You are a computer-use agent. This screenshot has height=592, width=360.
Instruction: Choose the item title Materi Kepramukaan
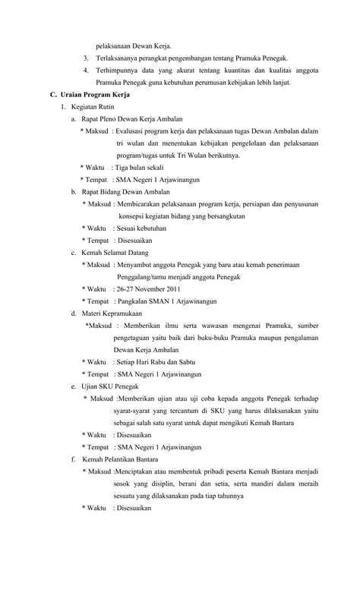pos(113,313)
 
